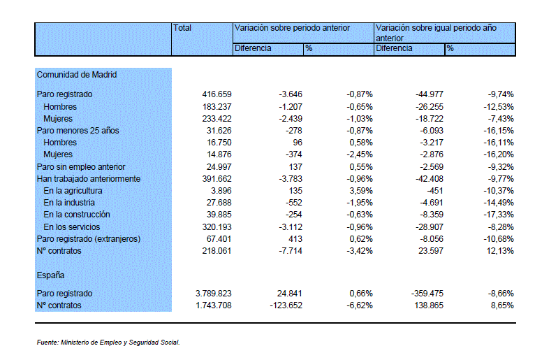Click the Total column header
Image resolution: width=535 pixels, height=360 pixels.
coord(182,28)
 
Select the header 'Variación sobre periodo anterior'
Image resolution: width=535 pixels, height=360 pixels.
coord(292,28)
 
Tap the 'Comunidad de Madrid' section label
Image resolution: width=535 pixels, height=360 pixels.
coord(77,75)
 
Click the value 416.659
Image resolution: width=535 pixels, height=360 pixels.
coord(217,94)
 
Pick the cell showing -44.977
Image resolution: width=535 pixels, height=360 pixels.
coord(430,94)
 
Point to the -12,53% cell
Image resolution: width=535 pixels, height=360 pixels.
coord(499,107)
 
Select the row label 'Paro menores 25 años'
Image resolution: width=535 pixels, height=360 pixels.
coord(78,131)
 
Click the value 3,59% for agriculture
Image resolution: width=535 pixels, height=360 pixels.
coord(361,191)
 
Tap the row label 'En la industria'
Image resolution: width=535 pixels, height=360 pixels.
coord(69,203)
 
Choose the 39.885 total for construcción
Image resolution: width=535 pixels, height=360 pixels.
coord(219,215)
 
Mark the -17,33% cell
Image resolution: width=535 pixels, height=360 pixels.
coord(499,215)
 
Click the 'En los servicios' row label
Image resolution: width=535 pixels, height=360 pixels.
coord(72,226)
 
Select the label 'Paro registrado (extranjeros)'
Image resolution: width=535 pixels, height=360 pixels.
coord(89,239)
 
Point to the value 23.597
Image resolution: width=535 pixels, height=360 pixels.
coord(431,251)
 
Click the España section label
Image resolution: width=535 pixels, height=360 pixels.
coord(50,275)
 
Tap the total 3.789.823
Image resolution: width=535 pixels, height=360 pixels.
coord(214,294)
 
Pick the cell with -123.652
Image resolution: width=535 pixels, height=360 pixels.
coord(286,305)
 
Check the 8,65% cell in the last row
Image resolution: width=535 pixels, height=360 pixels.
coord(502,305)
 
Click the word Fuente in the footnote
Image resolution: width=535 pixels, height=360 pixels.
coord(47,343)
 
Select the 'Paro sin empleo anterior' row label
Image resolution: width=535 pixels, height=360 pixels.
coord(81,167)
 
